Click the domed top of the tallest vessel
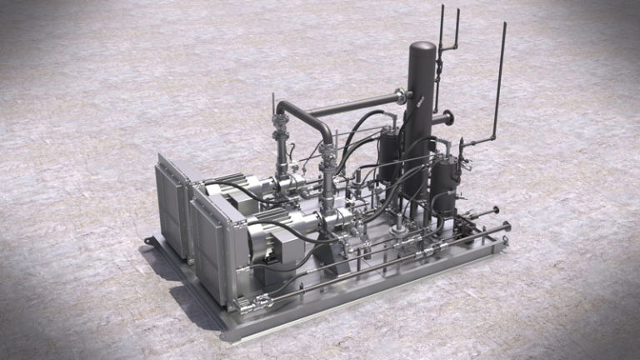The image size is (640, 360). click(x=422, y=48)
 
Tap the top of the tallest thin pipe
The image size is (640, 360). click(x=504, y=25)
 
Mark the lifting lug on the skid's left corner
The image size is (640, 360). click(x=150, y=242)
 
